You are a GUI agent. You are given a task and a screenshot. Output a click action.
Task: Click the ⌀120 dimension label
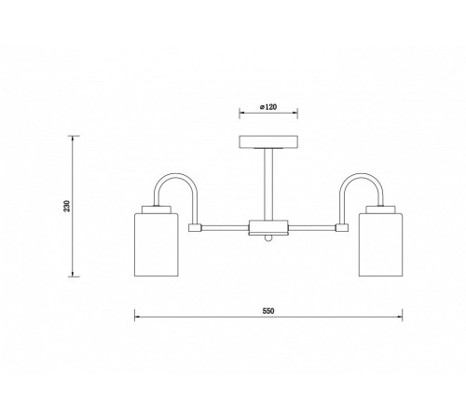268,107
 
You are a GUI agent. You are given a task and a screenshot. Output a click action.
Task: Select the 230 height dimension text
67,206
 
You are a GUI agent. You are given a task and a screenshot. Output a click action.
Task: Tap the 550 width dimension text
268,311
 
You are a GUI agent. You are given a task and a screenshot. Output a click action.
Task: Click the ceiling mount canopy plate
268,142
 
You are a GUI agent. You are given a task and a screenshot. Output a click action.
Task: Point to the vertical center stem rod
268,184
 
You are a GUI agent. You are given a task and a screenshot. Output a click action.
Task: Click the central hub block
268,227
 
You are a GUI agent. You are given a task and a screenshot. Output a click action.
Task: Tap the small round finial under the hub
268,238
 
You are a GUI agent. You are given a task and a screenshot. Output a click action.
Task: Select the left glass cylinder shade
156,245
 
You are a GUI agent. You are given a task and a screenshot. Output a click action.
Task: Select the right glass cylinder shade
380,245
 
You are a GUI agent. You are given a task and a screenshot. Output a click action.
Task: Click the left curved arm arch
176,176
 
